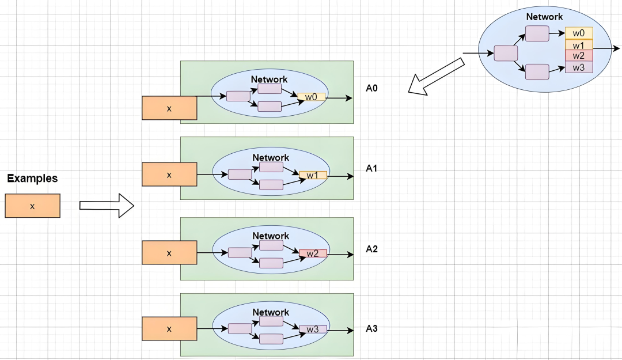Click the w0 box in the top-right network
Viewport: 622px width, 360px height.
pos(579,33)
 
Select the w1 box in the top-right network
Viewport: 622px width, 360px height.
pos(579,44)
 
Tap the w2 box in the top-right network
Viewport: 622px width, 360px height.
pos(579,56)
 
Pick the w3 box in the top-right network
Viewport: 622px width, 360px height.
pos(579,67)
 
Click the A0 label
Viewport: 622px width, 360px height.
pos(372,89)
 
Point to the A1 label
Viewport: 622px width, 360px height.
pos(372,169)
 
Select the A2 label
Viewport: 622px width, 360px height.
pos(372,249)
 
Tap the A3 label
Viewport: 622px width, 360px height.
pos(372,329)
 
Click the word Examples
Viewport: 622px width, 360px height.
pos(32,179)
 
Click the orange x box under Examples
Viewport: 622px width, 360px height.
pos(32,206)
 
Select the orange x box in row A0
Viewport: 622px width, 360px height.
pos(169,108)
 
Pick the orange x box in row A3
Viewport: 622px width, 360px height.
pos(169,329)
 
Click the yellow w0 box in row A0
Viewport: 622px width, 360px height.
pos(312,97)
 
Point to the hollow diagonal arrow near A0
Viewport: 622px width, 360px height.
pos(436,75)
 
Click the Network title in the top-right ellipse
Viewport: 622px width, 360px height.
pos(544,17)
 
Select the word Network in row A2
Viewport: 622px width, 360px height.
pos(271,236)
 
